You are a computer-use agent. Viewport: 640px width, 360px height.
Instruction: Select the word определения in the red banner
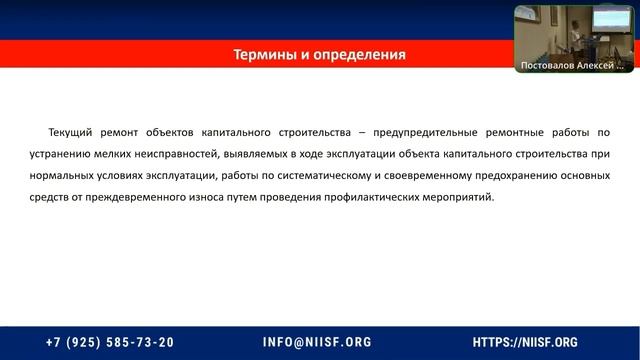click(357, 54)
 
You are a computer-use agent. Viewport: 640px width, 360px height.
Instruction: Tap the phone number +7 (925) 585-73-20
click(110, 341)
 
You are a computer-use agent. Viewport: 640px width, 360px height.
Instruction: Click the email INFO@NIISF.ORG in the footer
click(317, 341)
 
